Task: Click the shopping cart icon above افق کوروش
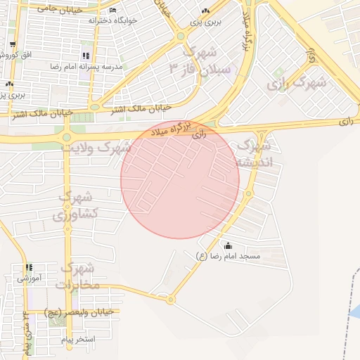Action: point(12,44)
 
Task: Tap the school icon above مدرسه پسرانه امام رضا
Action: point(85,56)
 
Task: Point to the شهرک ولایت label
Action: point(96,148)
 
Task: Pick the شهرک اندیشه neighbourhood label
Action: point(252,153)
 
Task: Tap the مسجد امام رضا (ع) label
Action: point(228,257)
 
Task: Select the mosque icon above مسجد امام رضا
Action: point(227,245)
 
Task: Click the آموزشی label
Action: point(30,278)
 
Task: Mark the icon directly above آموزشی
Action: point(29,268)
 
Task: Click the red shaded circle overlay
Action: point(180,179)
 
